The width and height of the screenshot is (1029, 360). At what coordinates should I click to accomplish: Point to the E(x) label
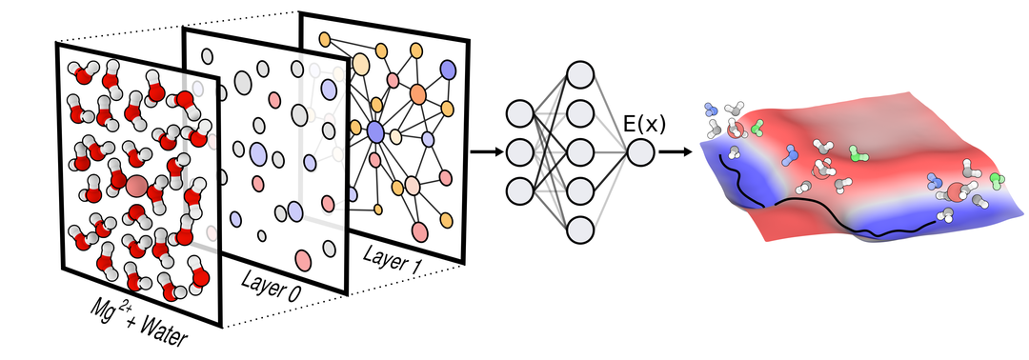pyautogui.click(x=644, y=124)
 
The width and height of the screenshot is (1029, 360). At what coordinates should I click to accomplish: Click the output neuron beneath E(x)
pyautogui.click(x=640, y=152)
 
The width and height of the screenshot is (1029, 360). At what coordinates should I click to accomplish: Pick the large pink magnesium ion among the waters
pyautogui.click(x=136, y=186)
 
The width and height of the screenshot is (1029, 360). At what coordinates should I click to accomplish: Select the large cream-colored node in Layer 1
pyautogui.click(x=360, y=64)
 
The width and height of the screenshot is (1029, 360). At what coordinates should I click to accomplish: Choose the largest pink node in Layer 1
pyautogui.click(x=419, y=231)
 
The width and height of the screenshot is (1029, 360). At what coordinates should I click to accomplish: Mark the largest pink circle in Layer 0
pyautogui.click(x=303, y=260)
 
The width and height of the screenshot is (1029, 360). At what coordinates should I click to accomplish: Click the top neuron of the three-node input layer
pyautogui.click(x=519, y=113)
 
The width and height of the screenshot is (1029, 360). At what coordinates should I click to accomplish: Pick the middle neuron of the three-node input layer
pyautogui.click(x=519, y=152)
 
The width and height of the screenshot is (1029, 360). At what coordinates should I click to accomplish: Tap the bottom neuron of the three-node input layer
pyautogui.click(x=519, y=190)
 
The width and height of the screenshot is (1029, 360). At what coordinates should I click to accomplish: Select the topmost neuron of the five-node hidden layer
pyautogui.click(x=580, y=74)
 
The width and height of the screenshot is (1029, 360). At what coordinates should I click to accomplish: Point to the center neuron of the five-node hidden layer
pyautogui.click(x=580, y=152)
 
